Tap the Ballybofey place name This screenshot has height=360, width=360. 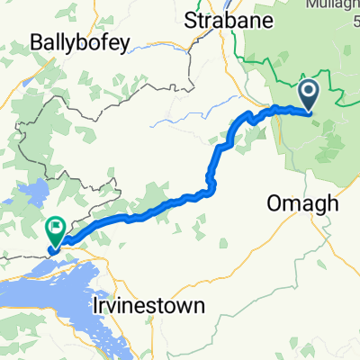79,41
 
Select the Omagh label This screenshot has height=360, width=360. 303,204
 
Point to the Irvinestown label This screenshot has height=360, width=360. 148,305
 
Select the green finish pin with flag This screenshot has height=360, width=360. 56,231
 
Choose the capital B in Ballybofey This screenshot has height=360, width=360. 36,41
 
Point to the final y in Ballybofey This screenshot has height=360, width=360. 126,43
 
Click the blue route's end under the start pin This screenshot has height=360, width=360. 309,112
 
